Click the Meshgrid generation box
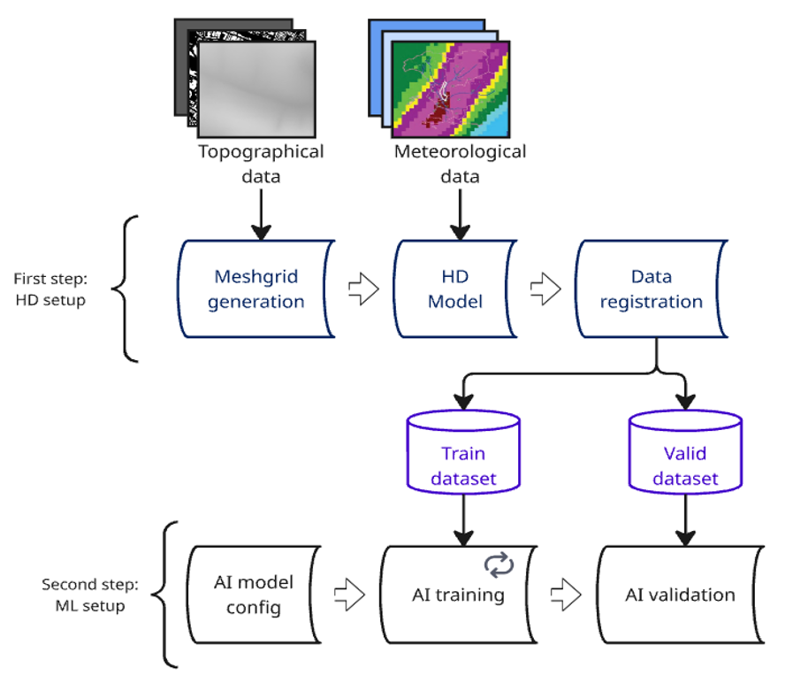point(255,288)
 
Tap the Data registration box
point(651,288)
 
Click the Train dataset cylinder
point(463,452)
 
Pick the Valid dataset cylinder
point(685,452)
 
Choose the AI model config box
point(253,595)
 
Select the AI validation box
point(680,595)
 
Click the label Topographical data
point(261,164)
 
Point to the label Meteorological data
point(460,164)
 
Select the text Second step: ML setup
point(84,595)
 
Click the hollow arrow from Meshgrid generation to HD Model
point(363,290)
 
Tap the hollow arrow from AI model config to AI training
point(350,595)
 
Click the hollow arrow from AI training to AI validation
point(567,595)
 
